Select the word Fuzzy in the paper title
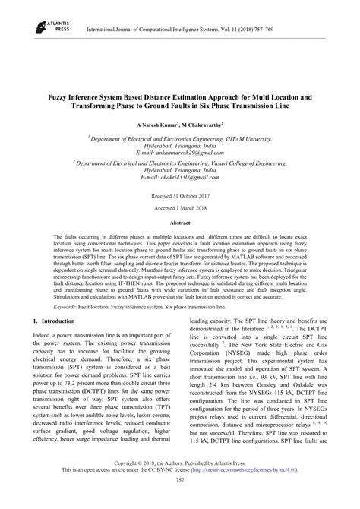[63, 99]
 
